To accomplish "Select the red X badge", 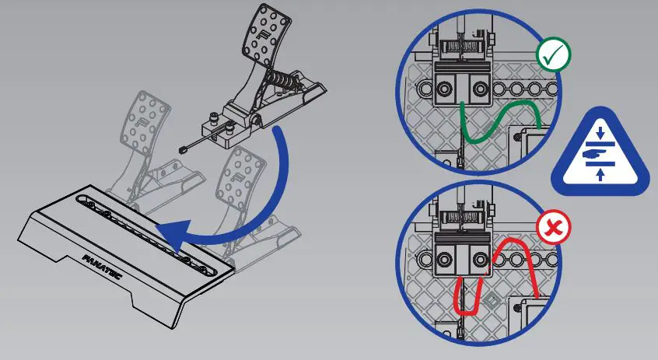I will click(554, 229).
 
